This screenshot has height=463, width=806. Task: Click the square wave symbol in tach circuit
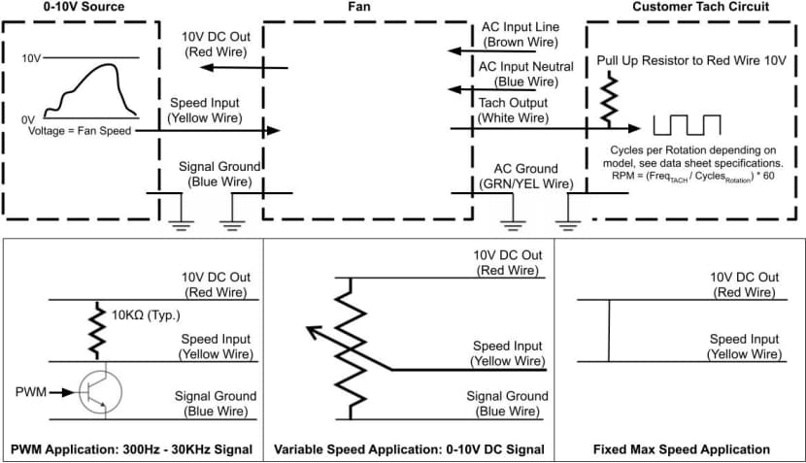pyautogui.click(x=687, y=124)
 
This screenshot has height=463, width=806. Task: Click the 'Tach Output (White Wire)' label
pyautogui.click(x=513, y=110)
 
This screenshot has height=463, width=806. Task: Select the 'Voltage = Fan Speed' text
pyautogui.click(x=79, y=130)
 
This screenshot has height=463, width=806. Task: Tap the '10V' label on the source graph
pyautogui.click(x=31, y=58)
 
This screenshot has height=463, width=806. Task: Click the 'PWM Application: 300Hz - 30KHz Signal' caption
pyautogui.click(x=132, y=449)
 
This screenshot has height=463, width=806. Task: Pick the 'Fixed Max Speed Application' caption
pyautogui.click(x=681, y=449)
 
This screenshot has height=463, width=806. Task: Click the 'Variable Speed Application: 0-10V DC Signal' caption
pyautogui.click(x=409, y=449)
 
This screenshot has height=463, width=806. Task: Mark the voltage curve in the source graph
pyautogui.click(x=92, y=87)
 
